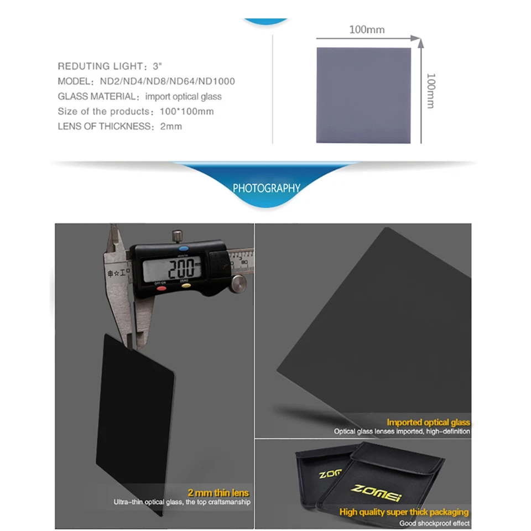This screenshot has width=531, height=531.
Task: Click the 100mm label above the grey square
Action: (x=366, y=29)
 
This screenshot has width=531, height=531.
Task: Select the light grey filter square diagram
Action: (x=364, y=95)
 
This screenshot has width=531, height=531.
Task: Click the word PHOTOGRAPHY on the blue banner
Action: (x=266, y=188)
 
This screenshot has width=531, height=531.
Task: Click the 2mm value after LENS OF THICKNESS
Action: (x=171, y=126)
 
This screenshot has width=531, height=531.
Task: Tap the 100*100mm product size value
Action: (x=186, y=111)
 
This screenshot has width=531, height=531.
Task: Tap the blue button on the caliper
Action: (x=183, y=249)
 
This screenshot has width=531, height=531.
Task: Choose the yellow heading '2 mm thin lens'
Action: (x=218, y=493)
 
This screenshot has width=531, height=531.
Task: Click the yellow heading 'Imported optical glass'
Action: (x=428, y=423)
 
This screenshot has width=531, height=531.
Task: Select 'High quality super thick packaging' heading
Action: (x=404, y=512)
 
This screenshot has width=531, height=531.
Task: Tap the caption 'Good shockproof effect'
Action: (x=434, y=523)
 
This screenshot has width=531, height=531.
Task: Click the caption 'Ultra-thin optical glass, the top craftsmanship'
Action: (x=181, y=502)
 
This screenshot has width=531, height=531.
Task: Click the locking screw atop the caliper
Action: (x=177, y=236)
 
